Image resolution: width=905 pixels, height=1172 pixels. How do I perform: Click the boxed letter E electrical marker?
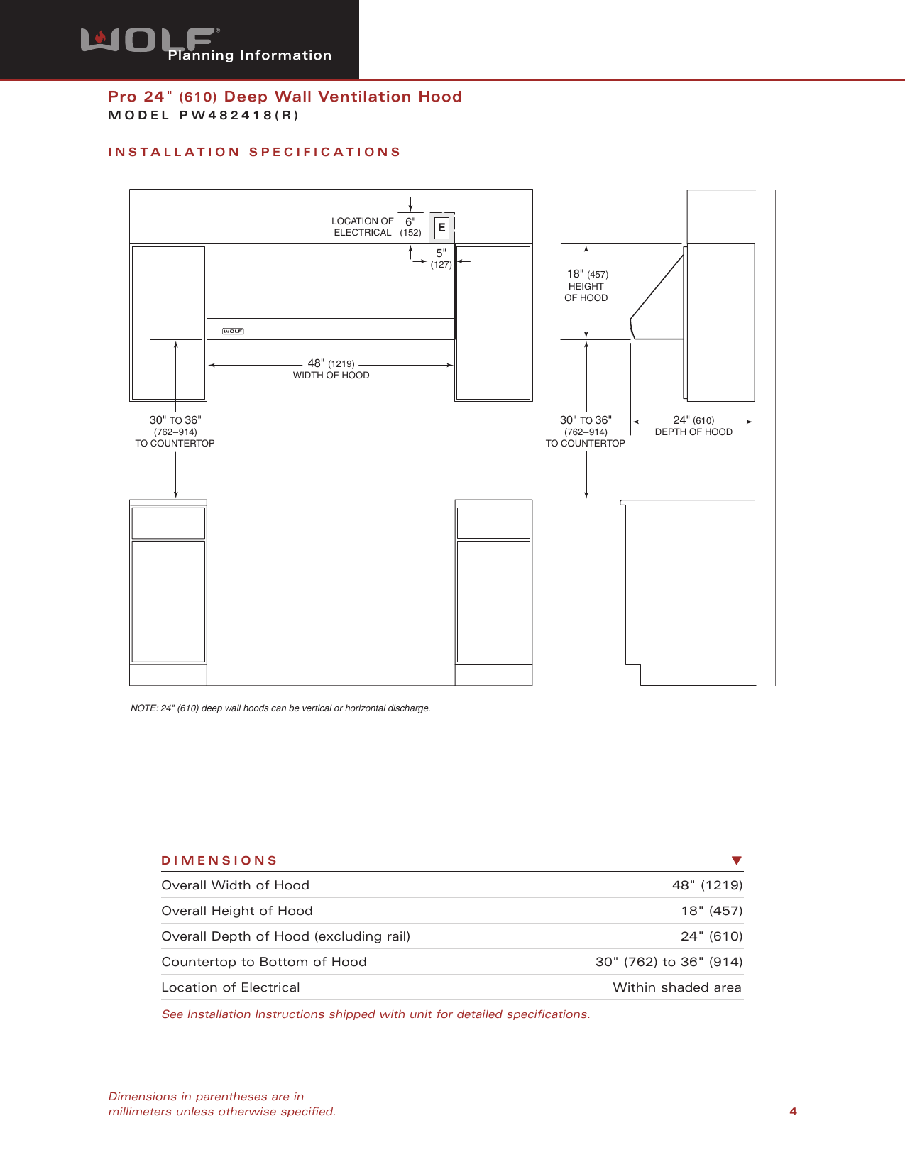[x=441, y=228]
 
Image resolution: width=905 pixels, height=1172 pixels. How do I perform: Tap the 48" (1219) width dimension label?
[x=331, y=364]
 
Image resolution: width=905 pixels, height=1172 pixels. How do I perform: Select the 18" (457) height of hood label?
[x=587, y=275]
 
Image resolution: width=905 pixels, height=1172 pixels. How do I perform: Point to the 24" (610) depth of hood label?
[x=693, y=421]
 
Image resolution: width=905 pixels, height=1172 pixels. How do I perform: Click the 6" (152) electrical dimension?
[x=410, y=226]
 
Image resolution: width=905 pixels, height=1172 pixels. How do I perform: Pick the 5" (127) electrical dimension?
[x=441, y=258]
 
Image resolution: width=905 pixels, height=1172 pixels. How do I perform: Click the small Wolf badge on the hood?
[x=233, y=331]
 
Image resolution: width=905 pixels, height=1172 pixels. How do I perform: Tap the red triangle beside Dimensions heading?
[x=736, y=860]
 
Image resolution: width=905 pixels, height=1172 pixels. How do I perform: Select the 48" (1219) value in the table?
[x=707, y=885]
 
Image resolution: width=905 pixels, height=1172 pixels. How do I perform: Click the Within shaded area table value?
[x=676, y=987]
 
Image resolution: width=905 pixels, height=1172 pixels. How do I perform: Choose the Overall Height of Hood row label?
[x=237, y=911]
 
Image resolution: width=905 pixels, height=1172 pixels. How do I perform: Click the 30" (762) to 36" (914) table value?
[x=669, y=962]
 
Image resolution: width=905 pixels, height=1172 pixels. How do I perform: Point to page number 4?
[x=793, y=1112]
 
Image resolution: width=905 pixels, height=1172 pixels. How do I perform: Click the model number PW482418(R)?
[x=238, y=116]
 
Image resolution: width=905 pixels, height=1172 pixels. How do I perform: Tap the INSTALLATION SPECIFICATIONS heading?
[x=254, y=152]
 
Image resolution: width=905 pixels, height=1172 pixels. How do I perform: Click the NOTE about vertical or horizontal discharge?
[x=280, y=708]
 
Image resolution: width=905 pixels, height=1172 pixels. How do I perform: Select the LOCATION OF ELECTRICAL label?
[x=362, y=226]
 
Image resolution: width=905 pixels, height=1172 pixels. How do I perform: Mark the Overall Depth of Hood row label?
[x=285, y=936]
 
